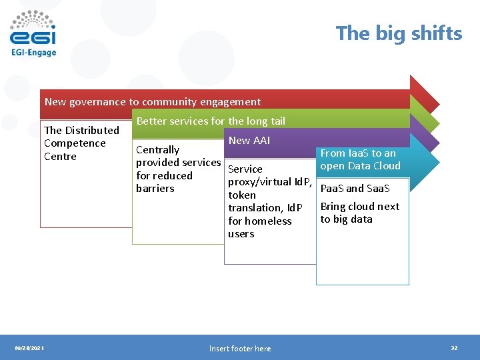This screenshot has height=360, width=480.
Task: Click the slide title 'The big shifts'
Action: pyautogui.click(x=399, y=33)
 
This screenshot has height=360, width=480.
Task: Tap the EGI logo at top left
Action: pyautogui.click(x=33, y=29)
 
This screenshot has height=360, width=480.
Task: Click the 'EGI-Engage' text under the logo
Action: pyautogui.click(x=33, y=53)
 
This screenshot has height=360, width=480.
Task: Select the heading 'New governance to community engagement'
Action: pyautogui.click(x=153, y=102)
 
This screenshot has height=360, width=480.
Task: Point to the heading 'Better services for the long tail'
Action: pyautogui.click(x=211, y=121)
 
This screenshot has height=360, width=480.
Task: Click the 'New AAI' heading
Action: pyautogui.click(x=249, y=140)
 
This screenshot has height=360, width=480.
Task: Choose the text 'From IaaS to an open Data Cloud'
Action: pyautogui.click(x=360, y=159)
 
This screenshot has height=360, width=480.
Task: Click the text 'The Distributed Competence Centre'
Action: pyautogui.click(x=81, y=143)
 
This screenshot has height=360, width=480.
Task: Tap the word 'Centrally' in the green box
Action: pyautogui.click(x=157, y=150)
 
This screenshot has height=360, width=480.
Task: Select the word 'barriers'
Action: pyautogui.click(x=155, y=189)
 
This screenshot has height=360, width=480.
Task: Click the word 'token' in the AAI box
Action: pyautogui.click(x=241, y=195)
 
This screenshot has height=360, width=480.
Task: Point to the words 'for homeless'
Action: pyautogui.click(x=259, y=221)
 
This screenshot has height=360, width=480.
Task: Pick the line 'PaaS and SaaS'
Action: pyautogui.click(x=355, y=189)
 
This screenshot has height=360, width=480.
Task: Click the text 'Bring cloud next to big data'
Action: pyautogui.click(x=359, y=213)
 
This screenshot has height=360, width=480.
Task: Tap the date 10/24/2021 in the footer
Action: pyautogui.click(x=29, y=348)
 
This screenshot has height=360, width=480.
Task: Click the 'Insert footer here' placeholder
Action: pyautogui.click(x=240, y=349)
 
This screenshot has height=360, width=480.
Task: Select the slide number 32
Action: pyautogui.click(x=454, y=348)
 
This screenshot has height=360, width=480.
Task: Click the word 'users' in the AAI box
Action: pyautogui.click(x=241, y=234)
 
